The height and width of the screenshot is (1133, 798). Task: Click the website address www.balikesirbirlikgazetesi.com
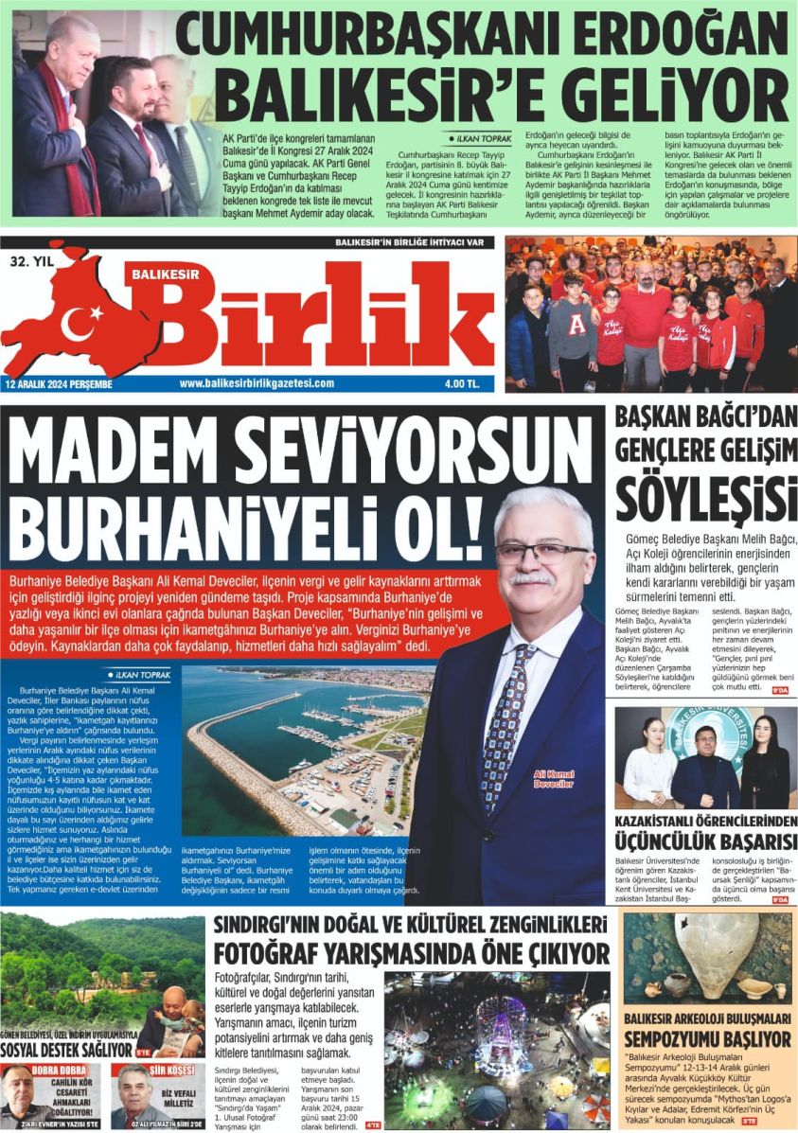click(257, 382)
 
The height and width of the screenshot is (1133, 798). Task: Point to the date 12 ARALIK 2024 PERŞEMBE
click(59, 382)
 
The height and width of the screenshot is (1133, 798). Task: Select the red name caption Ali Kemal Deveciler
click(553, 778)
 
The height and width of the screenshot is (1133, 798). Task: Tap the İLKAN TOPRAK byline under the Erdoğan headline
click(486, 137)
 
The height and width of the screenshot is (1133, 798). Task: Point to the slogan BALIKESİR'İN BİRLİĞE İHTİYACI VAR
click(414, 242)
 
